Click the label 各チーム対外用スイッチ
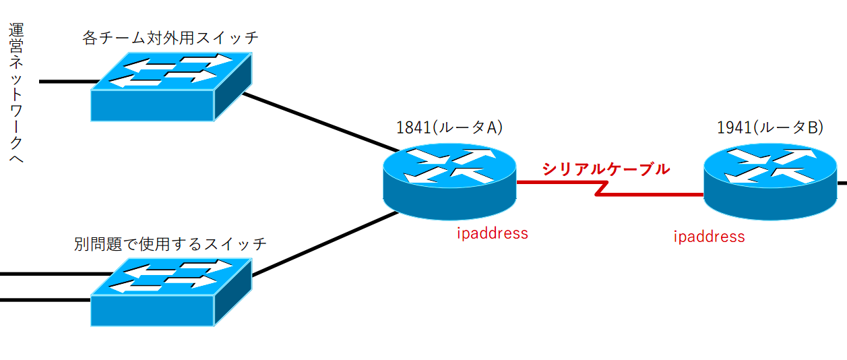170,37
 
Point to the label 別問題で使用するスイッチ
170,243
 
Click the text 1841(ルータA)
449,127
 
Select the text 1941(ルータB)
770,127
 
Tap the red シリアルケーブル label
606,169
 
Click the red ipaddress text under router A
492,233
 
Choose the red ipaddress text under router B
709,236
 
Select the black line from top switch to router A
317,121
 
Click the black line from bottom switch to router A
323,244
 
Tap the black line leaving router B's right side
842,182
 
